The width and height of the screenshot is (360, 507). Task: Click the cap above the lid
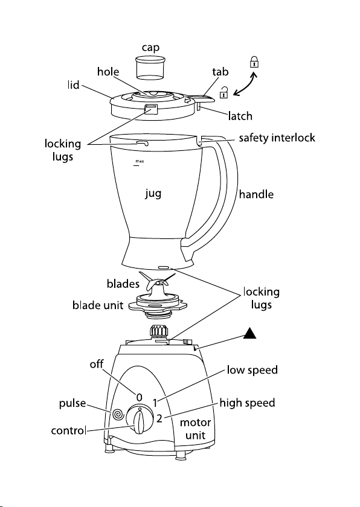[150, 68]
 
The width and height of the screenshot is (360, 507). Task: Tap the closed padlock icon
[254, 62]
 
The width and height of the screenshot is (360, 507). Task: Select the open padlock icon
[223, 92]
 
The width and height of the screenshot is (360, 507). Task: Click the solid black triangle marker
[249, 333]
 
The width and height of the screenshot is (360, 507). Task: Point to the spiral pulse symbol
[118, 414]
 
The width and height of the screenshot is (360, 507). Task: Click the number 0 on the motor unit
[139, 397]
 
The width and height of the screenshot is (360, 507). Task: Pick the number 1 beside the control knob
[156, 403]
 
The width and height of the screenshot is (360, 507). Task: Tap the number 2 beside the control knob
[159, 418]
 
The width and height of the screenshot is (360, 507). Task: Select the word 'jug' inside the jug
[153, 193]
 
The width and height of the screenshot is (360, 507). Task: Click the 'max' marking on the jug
[140, 161]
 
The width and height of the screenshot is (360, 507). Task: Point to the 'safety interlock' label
[277, 138]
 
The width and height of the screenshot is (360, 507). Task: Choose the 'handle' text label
[257, 194]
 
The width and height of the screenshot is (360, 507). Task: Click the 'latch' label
[240, 116]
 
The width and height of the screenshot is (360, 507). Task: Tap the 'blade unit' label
[98, 305]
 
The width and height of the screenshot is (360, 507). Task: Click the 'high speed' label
[248, 403]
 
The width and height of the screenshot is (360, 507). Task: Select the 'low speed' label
[252, 370]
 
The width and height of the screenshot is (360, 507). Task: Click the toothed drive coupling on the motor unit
[159, 331]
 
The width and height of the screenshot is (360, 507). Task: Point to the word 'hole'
[108, 71]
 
